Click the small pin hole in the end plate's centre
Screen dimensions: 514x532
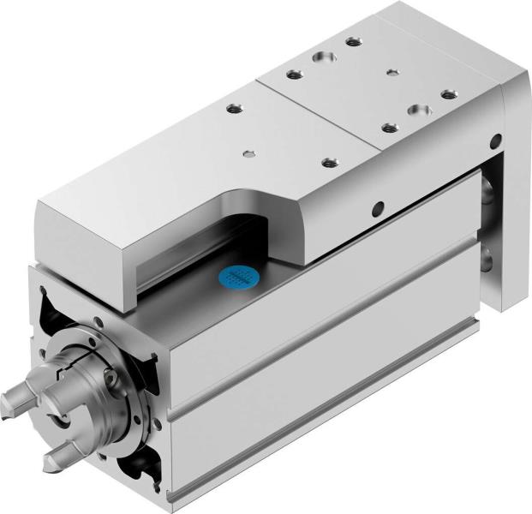pyautogui.click(x=392, y=72)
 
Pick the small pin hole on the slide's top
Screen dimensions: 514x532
pyautogui.click(x=248, y=154)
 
